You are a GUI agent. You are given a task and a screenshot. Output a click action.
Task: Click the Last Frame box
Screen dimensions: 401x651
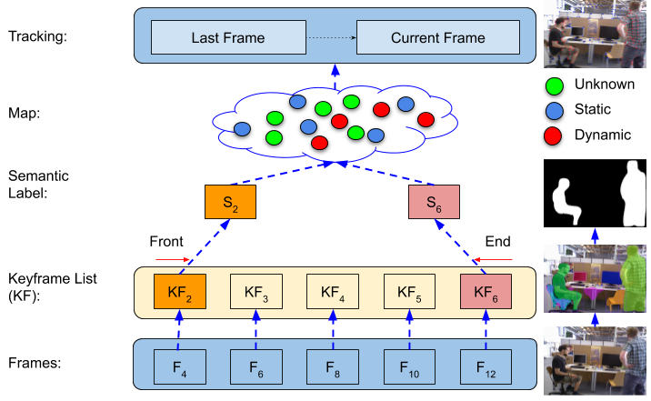pyautogui.click(x=227, y=38)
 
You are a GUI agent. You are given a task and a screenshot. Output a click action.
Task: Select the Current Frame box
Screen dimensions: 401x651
pyautogui.click(x=437, y=38)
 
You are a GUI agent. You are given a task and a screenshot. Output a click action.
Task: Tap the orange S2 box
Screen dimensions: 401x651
pyautogui.click(x=230, y=202)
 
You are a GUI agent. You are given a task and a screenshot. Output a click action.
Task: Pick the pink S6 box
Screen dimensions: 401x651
pyautogui.click(x=434, y=202)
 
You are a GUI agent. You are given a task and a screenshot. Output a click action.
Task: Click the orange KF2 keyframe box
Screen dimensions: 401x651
pyautogui.click(x=179, y=293)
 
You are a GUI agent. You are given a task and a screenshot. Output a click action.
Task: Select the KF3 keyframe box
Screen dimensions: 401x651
pyautogui.click(x=256, y=293)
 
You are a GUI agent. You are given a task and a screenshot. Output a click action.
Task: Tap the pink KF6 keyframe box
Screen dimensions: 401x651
pyautogui.click(x=486, y=293)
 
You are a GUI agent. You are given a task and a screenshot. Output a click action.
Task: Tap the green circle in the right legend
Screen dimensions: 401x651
pyautogui.click(x=553, y=87)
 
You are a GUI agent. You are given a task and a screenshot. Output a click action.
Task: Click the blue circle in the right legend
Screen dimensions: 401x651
pyautogui.click(x=553, y=112)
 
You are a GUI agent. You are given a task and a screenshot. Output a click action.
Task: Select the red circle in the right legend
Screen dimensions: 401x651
pyautogui.click(x=553, y=137)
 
